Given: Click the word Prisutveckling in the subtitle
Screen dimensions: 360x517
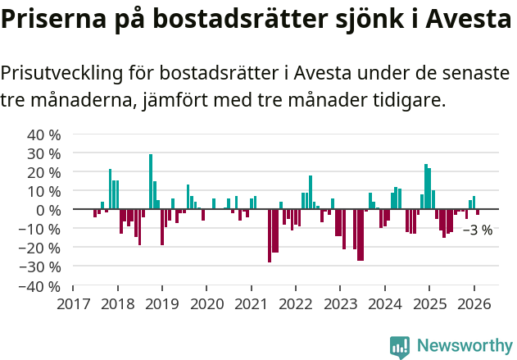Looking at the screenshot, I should pyautogui.click(x=61, y=73).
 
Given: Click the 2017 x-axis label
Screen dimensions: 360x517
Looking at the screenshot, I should pyautogui.click(x=73, y=304).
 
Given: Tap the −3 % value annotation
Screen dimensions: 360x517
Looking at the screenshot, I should pyautogui.click(x=478, y=230).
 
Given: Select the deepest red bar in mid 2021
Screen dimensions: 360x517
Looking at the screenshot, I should pyautogui.click(x=270, y=236).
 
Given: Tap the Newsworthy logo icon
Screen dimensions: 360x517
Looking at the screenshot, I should pyautogui.click(x=400, y=346).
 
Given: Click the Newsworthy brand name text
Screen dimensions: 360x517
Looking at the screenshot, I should pyautogui.click(x=464, y=346).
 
